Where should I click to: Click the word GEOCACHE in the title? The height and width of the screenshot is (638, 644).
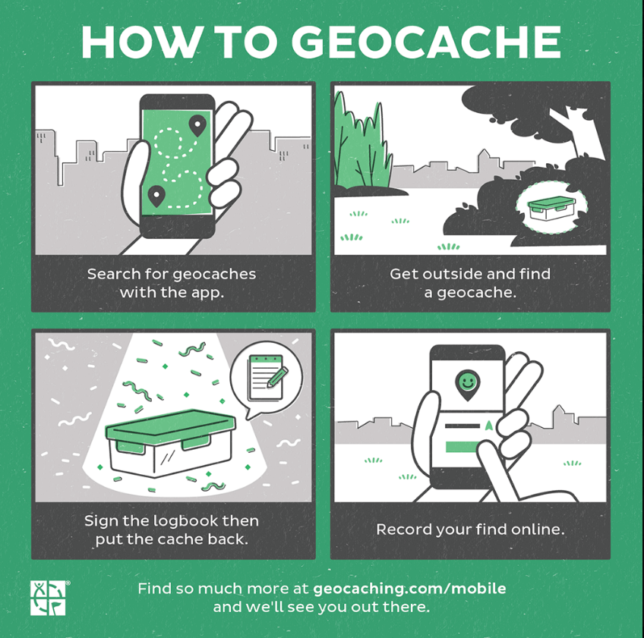coord(426,42)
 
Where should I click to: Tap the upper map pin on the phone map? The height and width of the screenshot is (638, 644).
coord(197,125)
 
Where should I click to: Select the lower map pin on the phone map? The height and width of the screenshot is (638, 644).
coord(156,196)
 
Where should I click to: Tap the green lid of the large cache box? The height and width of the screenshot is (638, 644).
coord(171,426)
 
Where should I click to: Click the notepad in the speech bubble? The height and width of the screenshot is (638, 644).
coord(265,378)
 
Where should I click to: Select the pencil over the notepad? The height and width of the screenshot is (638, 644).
coord(278,377)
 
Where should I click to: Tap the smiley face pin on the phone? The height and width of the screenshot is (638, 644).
coord(467,385)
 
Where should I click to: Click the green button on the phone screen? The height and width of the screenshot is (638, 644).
coord(462,447)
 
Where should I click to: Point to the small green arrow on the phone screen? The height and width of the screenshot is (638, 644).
coord(488,426)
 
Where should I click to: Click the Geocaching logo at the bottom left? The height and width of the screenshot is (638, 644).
coord(48,598)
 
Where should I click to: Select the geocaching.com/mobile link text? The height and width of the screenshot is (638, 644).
coord(409,589)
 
